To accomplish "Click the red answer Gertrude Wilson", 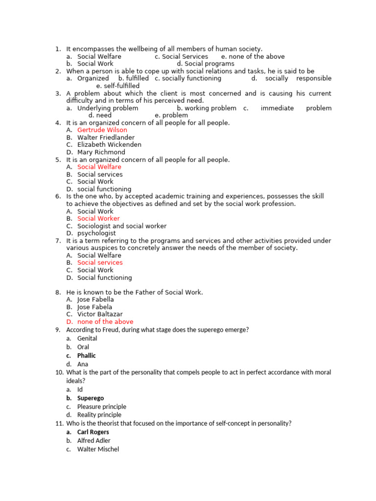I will [x=102, y=130].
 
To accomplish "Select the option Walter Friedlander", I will [x=106, y=137].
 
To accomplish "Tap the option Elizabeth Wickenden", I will [x=109, y=145].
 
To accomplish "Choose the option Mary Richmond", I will [x=101, y=152].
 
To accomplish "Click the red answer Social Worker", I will [x=98, y=219].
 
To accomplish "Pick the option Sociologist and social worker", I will [x=122, y=226].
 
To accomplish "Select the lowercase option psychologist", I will [x=96, y=233].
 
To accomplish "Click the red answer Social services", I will [x=100, y=263].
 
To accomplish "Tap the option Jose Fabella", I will [x=95, y=299].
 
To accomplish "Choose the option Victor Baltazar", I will [x=100, y=314].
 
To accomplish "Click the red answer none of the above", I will [x=105, y=322].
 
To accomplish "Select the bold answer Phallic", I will [x=87, y=356].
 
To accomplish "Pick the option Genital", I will [x=87, y=339].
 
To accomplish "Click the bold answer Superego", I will [x=91, y=398].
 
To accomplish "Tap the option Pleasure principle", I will [x=102, y=407].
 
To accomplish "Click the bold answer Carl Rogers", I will [x=93, y=432].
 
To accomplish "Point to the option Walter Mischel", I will [x=98, y=449].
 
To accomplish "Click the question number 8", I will [x=58, y=293].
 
